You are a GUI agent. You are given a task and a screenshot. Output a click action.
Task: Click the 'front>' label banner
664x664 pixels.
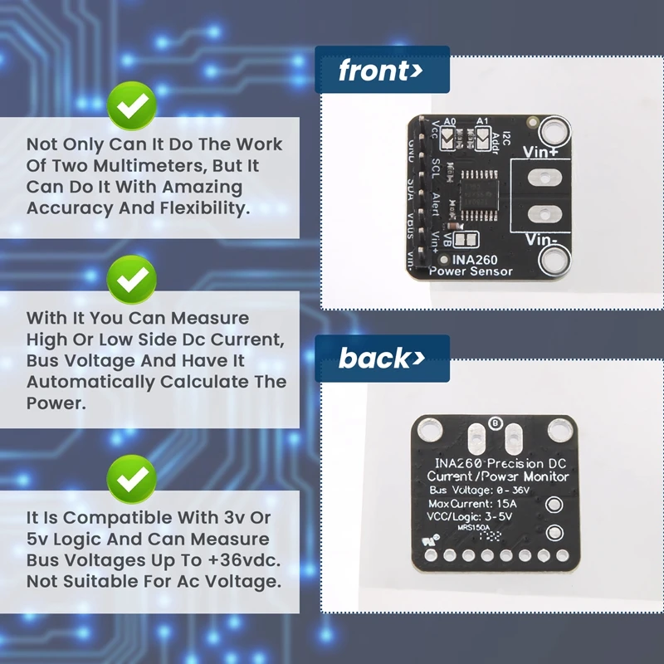(381, 71)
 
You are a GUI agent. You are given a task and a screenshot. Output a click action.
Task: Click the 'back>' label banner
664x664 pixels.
(381, 359)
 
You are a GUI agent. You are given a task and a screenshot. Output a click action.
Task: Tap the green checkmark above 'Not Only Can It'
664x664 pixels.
(132, 106)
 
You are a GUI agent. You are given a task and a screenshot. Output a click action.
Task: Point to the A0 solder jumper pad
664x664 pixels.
(449, 141)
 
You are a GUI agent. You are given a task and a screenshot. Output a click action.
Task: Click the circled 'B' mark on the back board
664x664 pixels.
(495, 423)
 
